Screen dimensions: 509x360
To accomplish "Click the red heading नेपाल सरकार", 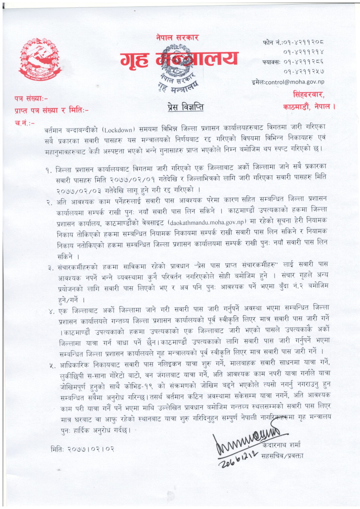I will click(177, 38).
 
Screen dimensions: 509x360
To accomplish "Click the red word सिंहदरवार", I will click(308, 95).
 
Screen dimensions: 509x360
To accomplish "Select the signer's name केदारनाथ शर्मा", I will click(281, 445).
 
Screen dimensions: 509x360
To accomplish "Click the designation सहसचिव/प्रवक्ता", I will click(282, 456).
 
